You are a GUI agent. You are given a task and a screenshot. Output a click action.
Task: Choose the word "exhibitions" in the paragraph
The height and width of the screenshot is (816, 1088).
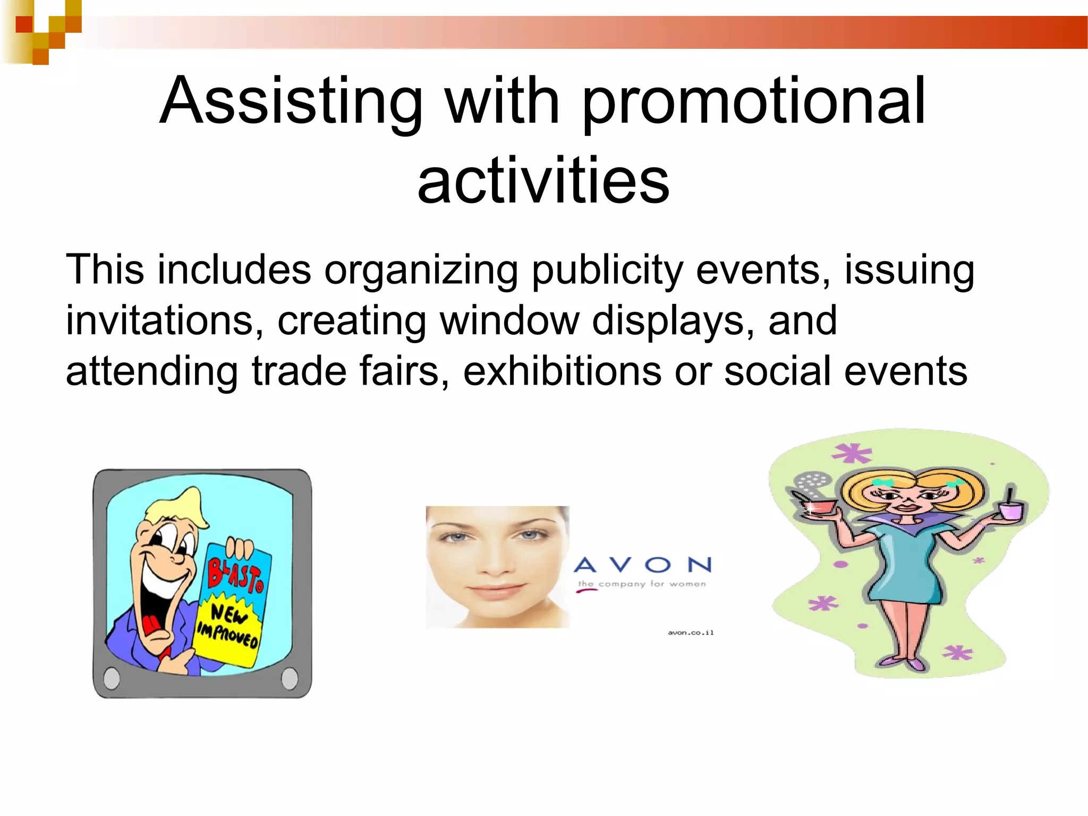[562, 371]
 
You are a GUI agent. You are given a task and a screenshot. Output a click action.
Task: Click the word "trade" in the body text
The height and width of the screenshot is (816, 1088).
[299, 371]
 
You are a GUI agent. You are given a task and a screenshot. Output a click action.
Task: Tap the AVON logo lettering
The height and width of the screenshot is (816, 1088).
[643, 565]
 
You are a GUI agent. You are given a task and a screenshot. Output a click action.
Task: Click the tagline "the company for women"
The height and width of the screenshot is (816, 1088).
[642, 584]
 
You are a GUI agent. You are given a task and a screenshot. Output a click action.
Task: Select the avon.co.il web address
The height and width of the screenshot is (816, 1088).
[691, 633]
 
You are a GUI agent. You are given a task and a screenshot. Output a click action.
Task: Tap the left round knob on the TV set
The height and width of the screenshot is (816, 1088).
[112, 678]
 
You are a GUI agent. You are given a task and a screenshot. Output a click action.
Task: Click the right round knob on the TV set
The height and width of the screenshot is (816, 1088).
[290, 678]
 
